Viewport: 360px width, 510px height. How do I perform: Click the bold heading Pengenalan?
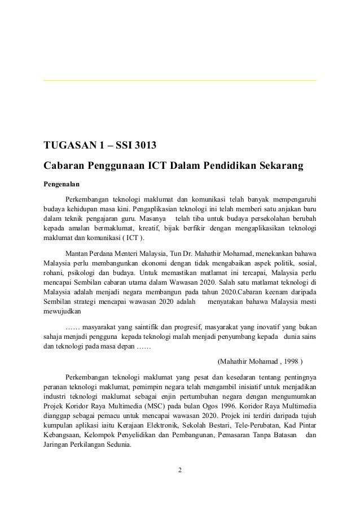[62, 184]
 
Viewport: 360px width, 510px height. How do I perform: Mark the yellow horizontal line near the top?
[180, 81]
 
